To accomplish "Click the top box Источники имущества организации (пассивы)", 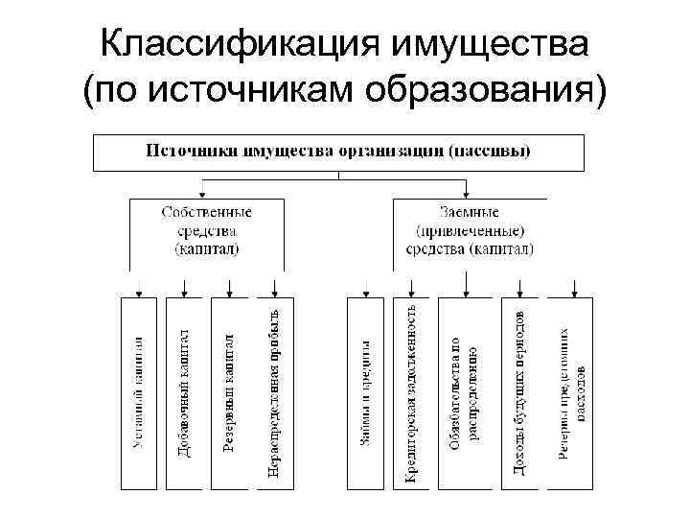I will pyautogui.click(x=338, y=152).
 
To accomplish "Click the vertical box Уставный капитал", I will pyautogui.click(x=140, y=393).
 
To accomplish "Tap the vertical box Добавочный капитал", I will pyautogui.click(x=184, y=393).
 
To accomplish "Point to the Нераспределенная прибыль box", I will pyautogui.click(x=274, y=393).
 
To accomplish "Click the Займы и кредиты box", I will pyautogui.click(x=364, y=393).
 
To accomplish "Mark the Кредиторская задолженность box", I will pyautogui.click(x=410, y=393).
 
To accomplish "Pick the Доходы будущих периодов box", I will pyautogui.click(x=518, y=393).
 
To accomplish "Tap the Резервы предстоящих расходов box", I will pyautogui.click(x=573, y=393).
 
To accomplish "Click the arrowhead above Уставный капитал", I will pyautogui.click(x=140, y=292).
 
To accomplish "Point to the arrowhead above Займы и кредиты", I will pyautogui.click(x=364, y=292).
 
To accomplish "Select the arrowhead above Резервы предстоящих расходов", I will pyautogui.click(x=573, y=292).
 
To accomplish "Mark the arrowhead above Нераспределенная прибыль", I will pyautogui.click(x=274, y=292).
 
